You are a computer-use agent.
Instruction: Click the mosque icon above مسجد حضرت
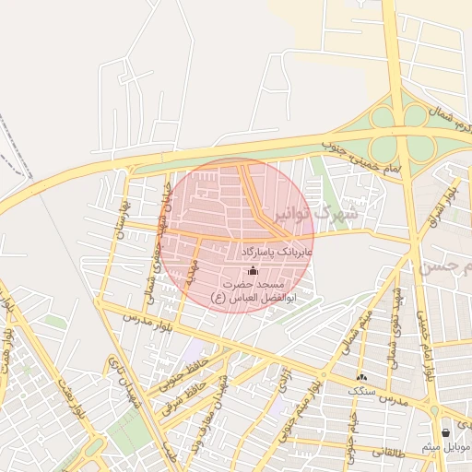tap(254, 270)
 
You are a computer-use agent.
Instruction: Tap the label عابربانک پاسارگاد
tap(277, 251)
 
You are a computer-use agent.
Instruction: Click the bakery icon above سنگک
tap(360, 377)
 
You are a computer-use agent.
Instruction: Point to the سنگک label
tap(360, 391)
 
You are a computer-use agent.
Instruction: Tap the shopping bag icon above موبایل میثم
tap(447, 432)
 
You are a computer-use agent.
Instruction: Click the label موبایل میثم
tap(446, 447)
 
